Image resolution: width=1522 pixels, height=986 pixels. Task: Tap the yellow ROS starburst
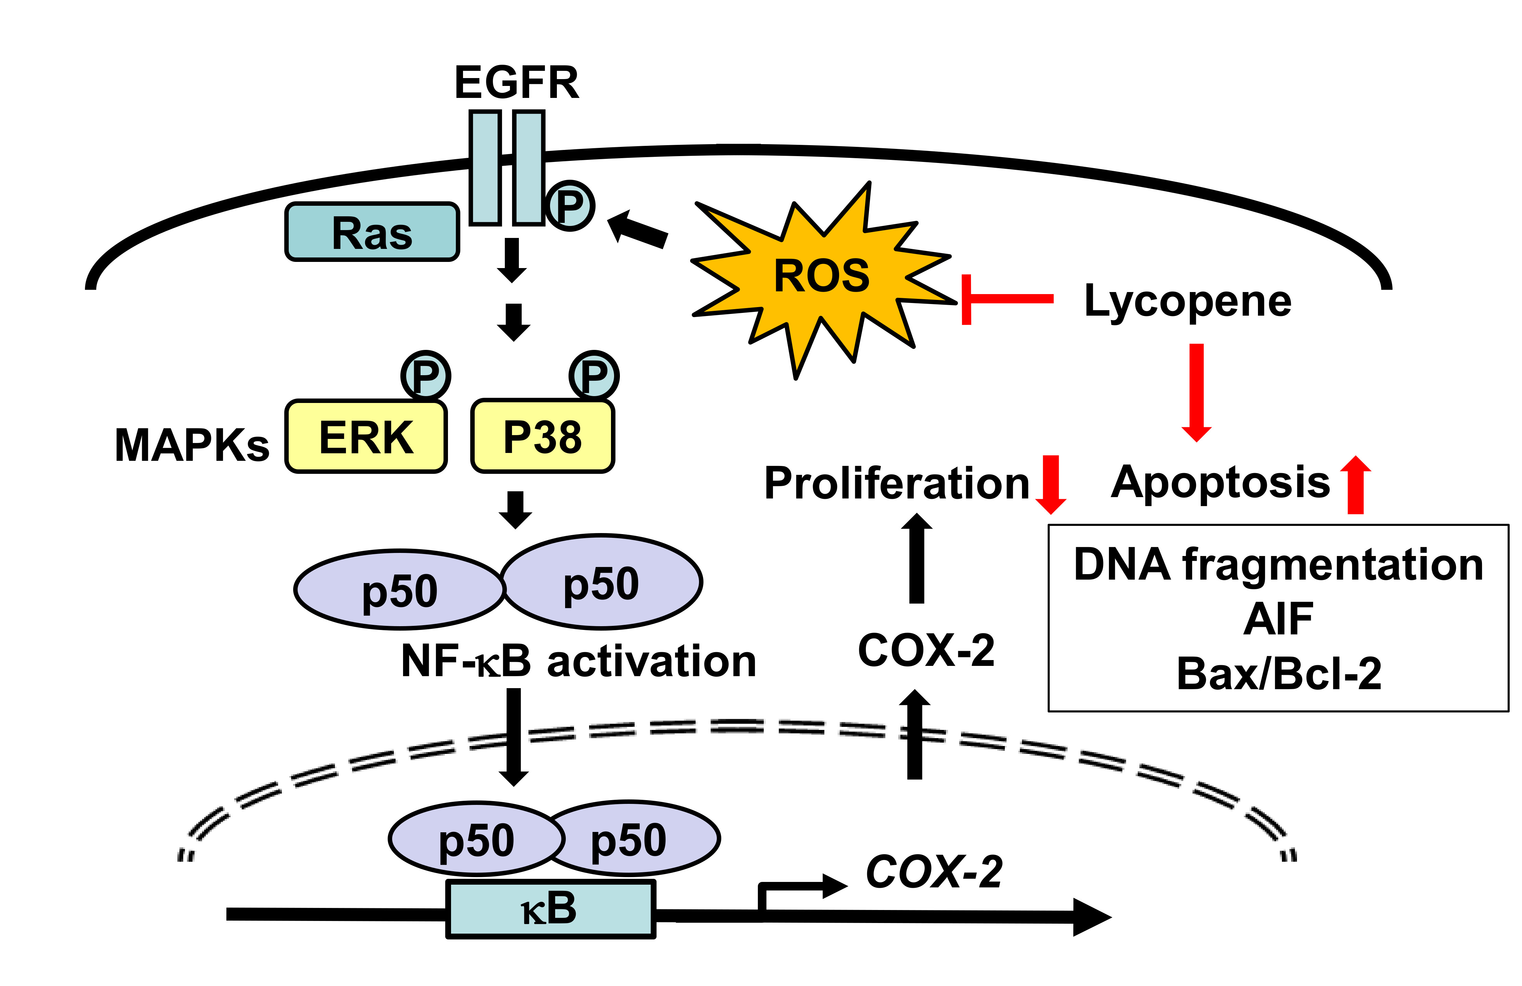coord(822,276)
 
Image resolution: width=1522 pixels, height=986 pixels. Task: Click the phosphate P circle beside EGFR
coord(570,205)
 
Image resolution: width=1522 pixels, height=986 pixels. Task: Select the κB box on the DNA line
coord(550,909)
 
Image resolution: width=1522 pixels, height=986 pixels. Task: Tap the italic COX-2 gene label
coord(934,872)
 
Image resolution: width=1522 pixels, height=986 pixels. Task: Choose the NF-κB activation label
coord(578,661)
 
